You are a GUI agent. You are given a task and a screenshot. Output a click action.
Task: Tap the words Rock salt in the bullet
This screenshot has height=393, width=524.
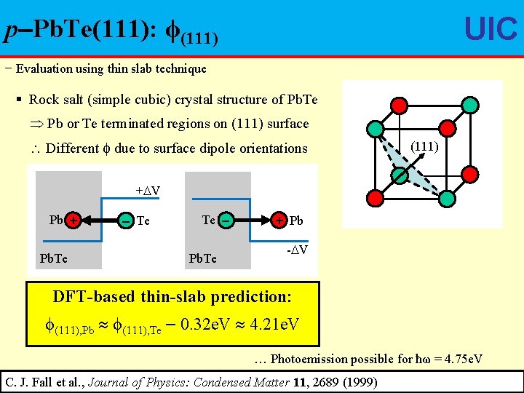55,100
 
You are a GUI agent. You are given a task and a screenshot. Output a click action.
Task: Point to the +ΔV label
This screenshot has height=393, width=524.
148,191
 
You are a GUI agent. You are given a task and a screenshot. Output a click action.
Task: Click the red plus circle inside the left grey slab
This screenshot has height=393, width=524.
74,220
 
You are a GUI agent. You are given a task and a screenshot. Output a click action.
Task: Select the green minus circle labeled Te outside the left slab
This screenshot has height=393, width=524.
126,220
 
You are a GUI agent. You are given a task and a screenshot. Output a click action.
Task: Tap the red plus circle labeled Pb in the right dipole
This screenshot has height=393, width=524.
279,220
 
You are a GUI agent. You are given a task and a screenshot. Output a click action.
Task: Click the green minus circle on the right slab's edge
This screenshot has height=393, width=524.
226,220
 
